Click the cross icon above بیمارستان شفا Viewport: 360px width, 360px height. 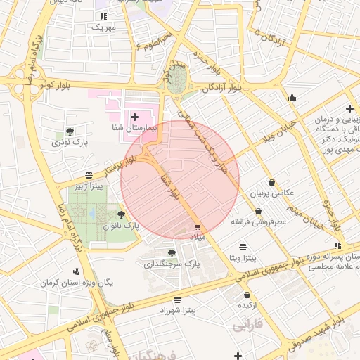pyautogui.click(x=134, y=115)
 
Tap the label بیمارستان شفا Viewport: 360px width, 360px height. pyautogui.click(x=131, y=129)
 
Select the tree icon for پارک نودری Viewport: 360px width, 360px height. pyautogui.click(x=69, y=131)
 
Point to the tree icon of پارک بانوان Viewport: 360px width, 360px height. pyautogui.click(x=122, y=214)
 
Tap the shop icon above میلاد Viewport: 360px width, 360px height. pyautogui.click(x=198, y=227)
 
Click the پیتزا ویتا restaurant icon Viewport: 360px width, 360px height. pyautogui.click(x=243, y=247)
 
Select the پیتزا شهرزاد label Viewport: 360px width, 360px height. pyautogui.click(x=182, y=309)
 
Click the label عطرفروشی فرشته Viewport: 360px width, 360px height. pyautogui.click(x=259, y=221)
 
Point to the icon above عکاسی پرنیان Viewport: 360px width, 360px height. pyautogui.click(x=271, y=183)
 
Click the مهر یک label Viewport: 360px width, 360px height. pyautogui.click(x=103, y=27)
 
